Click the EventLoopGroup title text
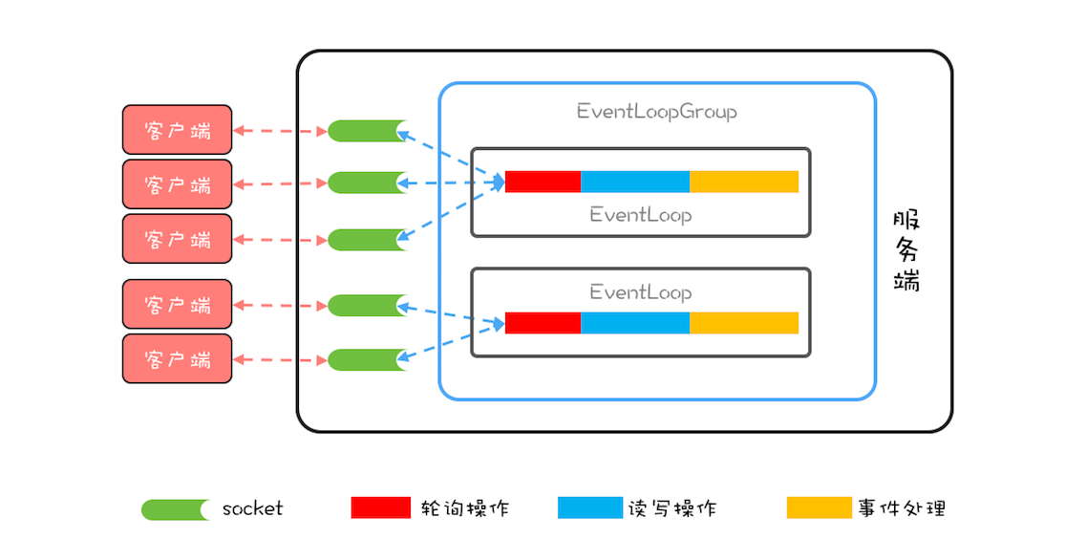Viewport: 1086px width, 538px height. tap(656, 112)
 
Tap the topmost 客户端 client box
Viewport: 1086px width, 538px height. tap(177, 130)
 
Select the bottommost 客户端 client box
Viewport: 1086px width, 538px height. tap(177, 359)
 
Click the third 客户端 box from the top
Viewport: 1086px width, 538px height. tap(177, 239)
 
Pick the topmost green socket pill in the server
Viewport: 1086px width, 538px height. tap(367, 131)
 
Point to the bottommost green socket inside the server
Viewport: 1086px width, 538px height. tap(367, 360)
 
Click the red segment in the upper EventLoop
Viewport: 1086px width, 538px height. tap(543, 182)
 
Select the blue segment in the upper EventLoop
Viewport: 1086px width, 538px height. tap(634, 182)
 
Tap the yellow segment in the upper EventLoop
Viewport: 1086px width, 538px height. tap(743, 182)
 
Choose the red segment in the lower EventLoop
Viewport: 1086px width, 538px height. tap(543, 323)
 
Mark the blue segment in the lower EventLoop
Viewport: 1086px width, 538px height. tap(634, 323)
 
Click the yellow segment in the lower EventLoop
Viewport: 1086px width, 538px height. tap(743, 323)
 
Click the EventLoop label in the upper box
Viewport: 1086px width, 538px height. tap(640, 215)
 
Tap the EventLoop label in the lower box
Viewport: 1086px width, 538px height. tap(640, 291)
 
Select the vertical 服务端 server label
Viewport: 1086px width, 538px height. tap(906, 250)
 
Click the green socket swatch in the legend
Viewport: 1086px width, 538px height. tap(176, 509)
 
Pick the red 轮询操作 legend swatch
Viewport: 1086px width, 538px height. tap(380, 507)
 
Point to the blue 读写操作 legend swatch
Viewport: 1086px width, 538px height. tap(588, 507)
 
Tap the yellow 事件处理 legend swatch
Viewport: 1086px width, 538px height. tap(819, 507)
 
